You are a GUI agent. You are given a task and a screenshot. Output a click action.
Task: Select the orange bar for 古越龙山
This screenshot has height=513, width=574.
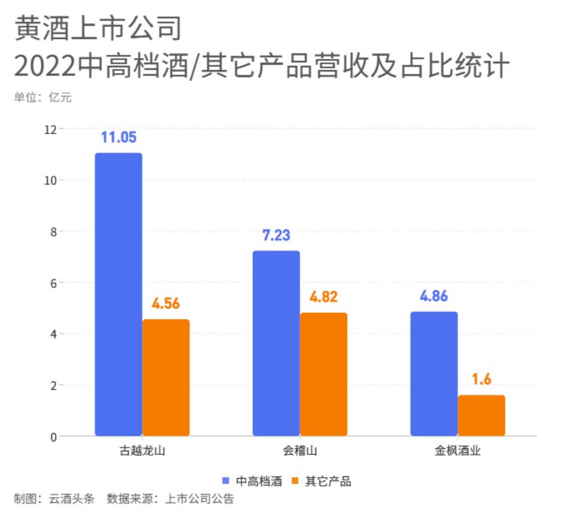point(166,378)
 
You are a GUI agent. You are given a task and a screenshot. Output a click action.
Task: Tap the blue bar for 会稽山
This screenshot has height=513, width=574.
point(276,343)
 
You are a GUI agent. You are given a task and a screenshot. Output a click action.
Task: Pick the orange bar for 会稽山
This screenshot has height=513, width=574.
point(324,374)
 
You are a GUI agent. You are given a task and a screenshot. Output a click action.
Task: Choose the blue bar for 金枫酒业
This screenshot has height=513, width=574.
point(434,373)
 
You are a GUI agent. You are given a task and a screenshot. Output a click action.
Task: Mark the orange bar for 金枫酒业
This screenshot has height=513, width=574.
point(481,415)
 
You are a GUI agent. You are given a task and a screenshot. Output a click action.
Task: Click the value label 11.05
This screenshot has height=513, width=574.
point(119,137)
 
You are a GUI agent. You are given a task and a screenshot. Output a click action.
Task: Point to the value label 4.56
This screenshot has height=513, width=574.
point(166,303)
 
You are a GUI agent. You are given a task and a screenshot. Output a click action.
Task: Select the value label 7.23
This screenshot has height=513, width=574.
point(276,235)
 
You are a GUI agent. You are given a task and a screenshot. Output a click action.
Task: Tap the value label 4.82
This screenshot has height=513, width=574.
point(324,297)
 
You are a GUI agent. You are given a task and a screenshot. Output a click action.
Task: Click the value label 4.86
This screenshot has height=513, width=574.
point(434,296)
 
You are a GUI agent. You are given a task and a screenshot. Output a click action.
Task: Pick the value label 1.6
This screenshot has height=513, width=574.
point(481,379)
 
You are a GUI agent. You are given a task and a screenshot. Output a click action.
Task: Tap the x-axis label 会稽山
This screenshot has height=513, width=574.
point(300,451)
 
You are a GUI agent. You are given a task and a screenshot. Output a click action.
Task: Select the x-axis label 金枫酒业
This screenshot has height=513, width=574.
point(458,451)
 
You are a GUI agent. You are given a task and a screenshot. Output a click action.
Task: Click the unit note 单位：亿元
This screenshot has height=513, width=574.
point(43,98)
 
